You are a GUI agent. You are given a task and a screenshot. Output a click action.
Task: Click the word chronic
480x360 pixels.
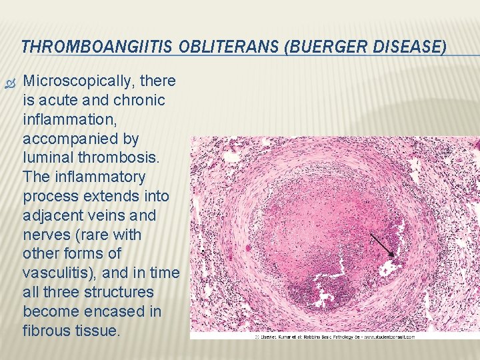tap(139, 101)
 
